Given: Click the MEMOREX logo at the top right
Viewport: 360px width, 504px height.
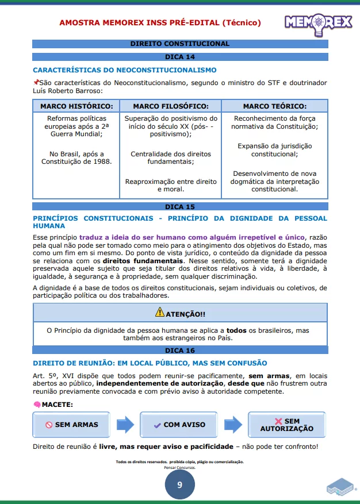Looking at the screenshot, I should [317, 22].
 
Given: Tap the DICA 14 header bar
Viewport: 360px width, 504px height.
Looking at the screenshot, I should [180, 57].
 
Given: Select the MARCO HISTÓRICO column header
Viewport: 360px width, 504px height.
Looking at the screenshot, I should [76, 106].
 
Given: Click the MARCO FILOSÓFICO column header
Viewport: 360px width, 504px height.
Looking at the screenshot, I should [170, 106].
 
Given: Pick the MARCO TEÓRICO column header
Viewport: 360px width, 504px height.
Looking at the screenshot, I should [274, 106].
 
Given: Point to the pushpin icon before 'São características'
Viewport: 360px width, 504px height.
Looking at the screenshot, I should [36, 83].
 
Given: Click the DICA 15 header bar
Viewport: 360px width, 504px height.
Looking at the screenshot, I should [180, 206].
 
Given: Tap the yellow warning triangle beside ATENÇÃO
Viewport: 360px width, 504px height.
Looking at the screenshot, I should [159, 313].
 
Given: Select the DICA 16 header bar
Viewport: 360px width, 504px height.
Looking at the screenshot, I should [180, 350].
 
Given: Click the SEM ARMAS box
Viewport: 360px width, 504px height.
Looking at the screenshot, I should [72, 425].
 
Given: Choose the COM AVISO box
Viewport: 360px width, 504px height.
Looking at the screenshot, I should [178, 425].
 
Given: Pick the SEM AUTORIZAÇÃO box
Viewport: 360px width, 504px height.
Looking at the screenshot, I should [286, 425].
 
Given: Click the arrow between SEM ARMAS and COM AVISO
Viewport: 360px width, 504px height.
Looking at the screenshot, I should [125, 425].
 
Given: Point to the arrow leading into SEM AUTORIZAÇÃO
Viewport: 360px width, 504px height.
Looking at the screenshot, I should [233, 425].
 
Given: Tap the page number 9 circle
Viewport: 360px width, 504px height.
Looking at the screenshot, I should [179, 484].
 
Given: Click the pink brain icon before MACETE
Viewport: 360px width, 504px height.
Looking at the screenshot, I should [37, 405].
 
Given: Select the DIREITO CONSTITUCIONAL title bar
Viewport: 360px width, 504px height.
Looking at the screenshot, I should [180, 44].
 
